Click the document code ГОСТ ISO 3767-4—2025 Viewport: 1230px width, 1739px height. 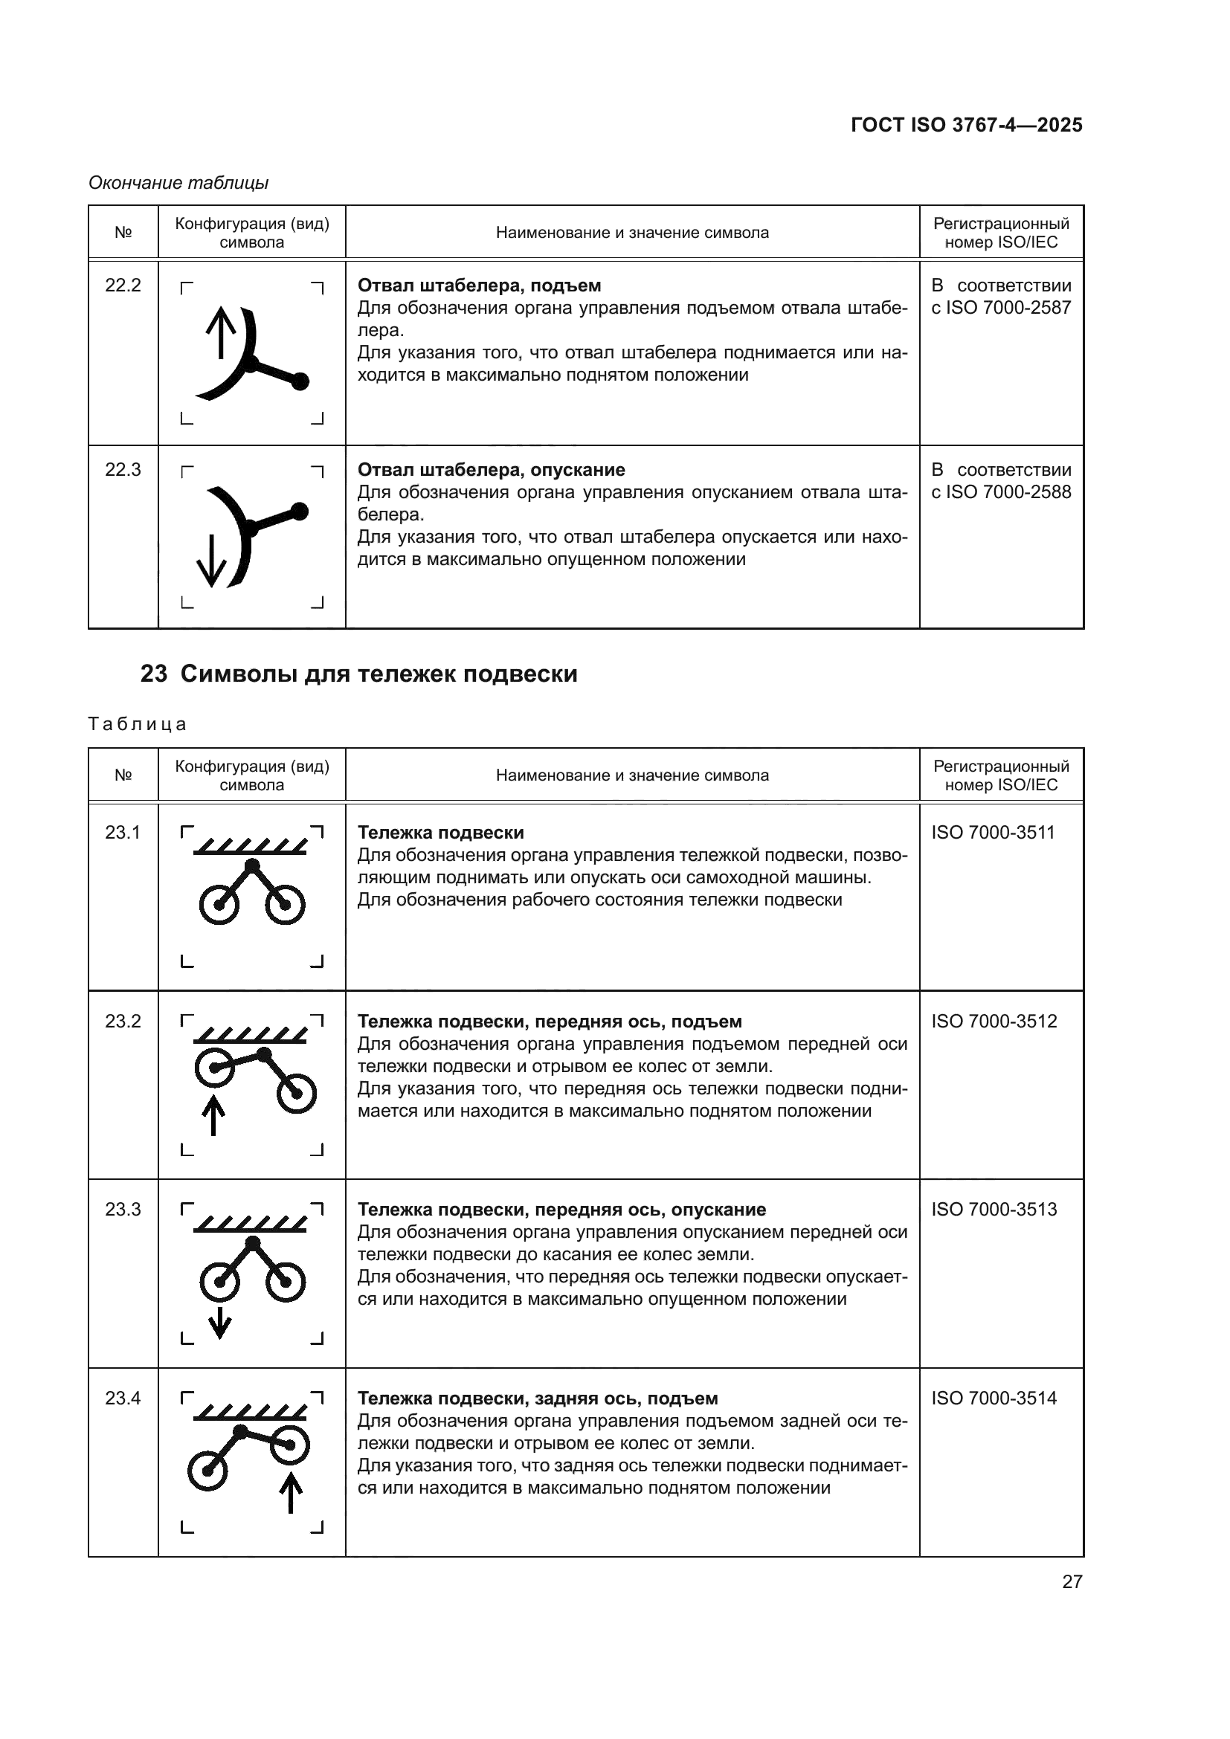(x=967, y=125)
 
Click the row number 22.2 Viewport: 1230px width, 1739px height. (x=123, y=285)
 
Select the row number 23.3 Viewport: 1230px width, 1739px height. (x=123, y=1210)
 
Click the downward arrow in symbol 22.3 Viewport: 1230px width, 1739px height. (x=211, y=561)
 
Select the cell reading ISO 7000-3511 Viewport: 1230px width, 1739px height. (x=992, y=833)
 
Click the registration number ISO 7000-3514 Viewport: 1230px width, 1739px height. (x=994, y=1398)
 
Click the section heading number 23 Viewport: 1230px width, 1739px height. (x=154, y=674)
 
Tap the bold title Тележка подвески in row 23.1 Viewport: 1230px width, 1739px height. (x=440, y=833)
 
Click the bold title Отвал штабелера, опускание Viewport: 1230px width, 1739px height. (x=491, y=470)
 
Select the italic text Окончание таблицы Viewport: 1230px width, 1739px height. (x=178, y=183)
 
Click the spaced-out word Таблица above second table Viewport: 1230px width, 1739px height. (x=137, y=724)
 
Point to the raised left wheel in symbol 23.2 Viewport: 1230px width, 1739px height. (x=213, y=1068)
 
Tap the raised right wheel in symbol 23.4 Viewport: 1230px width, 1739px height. (x=290, y=1445)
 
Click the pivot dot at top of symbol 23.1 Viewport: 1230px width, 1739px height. (x=253, y=865)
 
